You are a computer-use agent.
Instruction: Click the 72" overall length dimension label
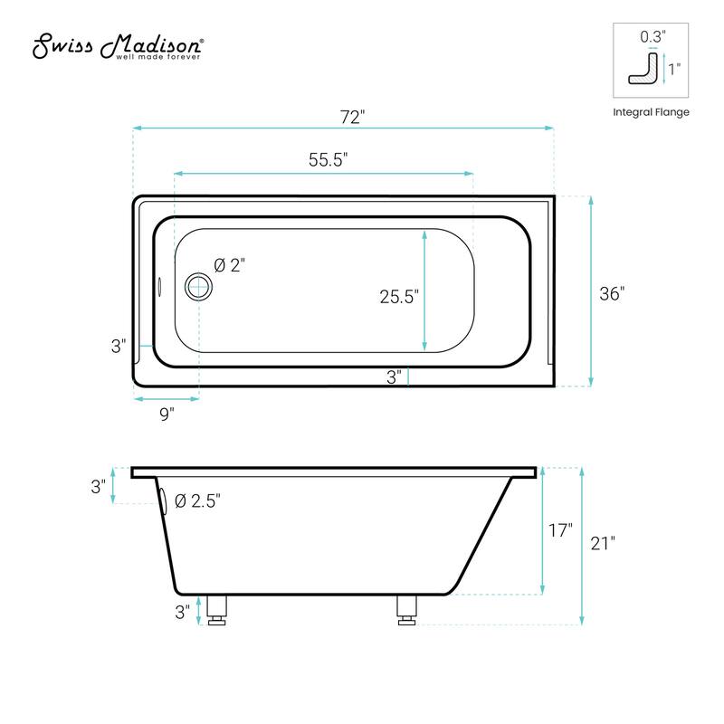352,117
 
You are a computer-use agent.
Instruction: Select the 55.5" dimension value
328,160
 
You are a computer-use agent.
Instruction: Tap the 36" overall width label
612,294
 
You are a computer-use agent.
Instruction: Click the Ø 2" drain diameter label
230,265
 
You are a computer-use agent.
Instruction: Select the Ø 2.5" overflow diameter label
196,500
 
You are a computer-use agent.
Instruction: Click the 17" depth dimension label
560,531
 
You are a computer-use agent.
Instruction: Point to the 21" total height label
601,543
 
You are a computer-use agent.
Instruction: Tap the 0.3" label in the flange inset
652,37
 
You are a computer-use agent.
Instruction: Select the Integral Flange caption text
651,112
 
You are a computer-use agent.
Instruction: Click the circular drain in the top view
197,288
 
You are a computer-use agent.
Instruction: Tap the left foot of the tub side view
216,610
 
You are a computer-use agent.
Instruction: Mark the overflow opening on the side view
162,501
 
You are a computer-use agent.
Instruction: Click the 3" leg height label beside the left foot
182,612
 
